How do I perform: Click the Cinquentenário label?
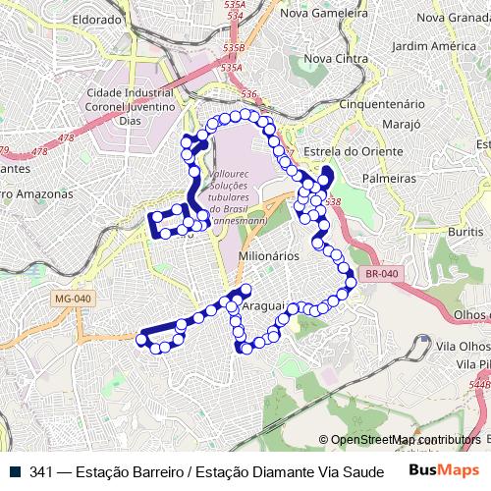[380, 103]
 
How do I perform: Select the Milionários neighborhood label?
[267, 253]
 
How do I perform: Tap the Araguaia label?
[263, 306]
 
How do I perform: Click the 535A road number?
[232, 68]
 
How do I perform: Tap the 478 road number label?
[39, 152]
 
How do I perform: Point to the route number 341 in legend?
[40, 472]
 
